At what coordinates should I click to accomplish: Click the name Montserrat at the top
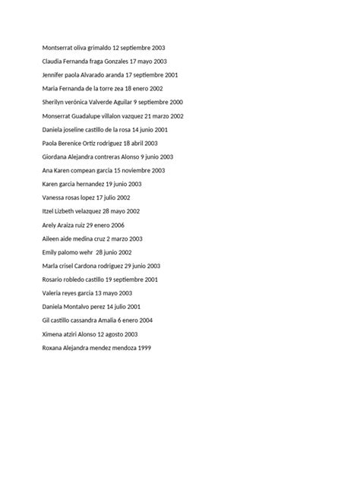tap(59, 47)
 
